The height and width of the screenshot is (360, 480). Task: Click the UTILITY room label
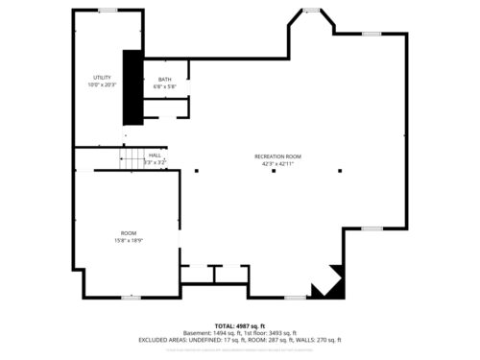pos(103,77)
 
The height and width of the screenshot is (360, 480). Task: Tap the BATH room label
pos(164,80)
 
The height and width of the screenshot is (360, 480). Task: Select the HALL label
pos(155,155)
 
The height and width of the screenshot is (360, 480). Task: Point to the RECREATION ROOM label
pos(278,156)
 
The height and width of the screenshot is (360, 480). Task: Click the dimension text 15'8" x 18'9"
pos(129,240)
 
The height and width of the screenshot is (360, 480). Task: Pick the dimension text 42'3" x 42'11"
pos(278,164)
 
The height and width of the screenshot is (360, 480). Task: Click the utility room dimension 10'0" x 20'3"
pos(103,84)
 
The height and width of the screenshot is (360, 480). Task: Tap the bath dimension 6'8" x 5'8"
pos(164,87)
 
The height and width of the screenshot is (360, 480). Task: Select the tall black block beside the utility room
pos(132,86)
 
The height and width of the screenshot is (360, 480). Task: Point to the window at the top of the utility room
pos(108,11)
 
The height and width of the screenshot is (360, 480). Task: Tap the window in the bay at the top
pos(311,11)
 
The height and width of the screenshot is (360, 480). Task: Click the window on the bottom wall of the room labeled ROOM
pos(131,297)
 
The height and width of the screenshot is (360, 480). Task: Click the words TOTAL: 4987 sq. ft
pos(238,326)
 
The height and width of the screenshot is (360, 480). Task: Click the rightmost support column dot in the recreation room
pos(340,170)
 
